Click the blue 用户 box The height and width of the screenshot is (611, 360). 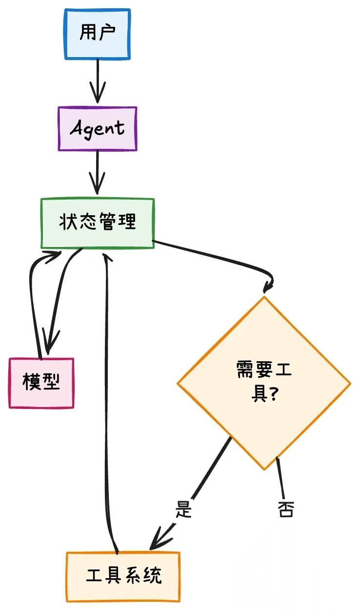(x=98, y=34)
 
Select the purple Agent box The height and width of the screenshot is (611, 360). (x=98, y=129)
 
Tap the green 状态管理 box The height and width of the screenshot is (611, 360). (x=98, y=223)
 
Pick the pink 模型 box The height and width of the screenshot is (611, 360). (x=41, y=383)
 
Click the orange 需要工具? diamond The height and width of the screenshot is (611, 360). (x=263, y=383)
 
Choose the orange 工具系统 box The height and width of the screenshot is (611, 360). (x=123, y=576)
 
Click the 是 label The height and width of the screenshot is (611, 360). (x=184, y=510)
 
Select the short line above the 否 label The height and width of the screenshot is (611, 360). (x=280, y=478)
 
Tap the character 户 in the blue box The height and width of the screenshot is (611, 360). (x=108, y=33)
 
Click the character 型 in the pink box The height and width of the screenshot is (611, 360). (x=51, y=382)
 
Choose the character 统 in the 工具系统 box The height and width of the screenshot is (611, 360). (x=153, y=576)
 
